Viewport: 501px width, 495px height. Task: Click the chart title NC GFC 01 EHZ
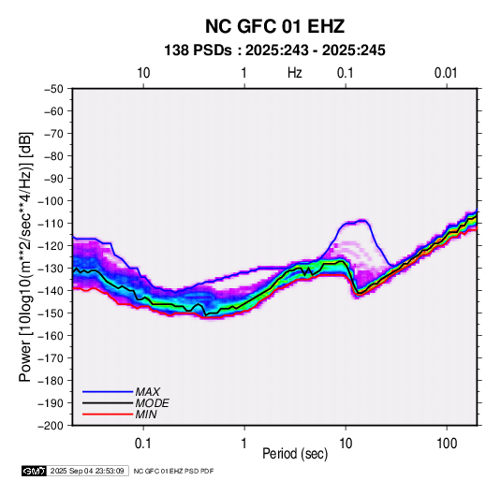pos(274,26)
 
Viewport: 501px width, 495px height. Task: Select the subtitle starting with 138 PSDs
pos(274,51)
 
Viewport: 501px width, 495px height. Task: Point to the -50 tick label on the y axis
pos(53,89)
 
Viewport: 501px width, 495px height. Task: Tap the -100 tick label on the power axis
pos(51,201)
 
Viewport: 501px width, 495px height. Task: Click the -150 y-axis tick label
pos(51,313)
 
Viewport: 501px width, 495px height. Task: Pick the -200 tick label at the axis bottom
pos(51,426)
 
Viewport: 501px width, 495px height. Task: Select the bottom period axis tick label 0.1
pos(143,444)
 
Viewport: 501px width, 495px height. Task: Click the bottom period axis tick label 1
pos(244,444)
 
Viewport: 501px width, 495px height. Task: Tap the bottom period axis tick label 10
pos(346,444)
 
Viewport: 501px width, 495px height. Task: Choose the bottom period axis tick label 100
pos(447,444)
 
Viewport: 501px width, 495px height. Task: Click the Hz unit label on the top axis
pos(295,73)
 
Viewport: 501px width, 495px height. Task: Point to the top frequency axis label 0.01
pos(446,73)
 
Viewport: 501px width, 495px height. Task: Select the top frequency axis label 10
pos(143,73)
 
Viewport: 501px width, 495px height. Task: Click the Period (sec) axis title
pos(295,454)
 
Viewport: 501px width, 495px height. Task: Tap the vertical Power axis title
pos(25,256)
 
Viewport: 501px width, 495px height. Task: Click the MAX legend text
pos(148,392)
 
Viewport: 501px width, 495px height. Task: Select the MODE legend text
pos(152,403)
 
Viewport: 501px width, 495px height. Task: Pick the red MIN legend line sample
pos(108,415)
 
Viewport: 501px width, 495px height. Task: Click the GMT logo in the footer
pos(35,471)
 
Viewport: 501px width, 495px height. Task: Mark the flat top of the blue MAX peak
pos(355,222)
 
